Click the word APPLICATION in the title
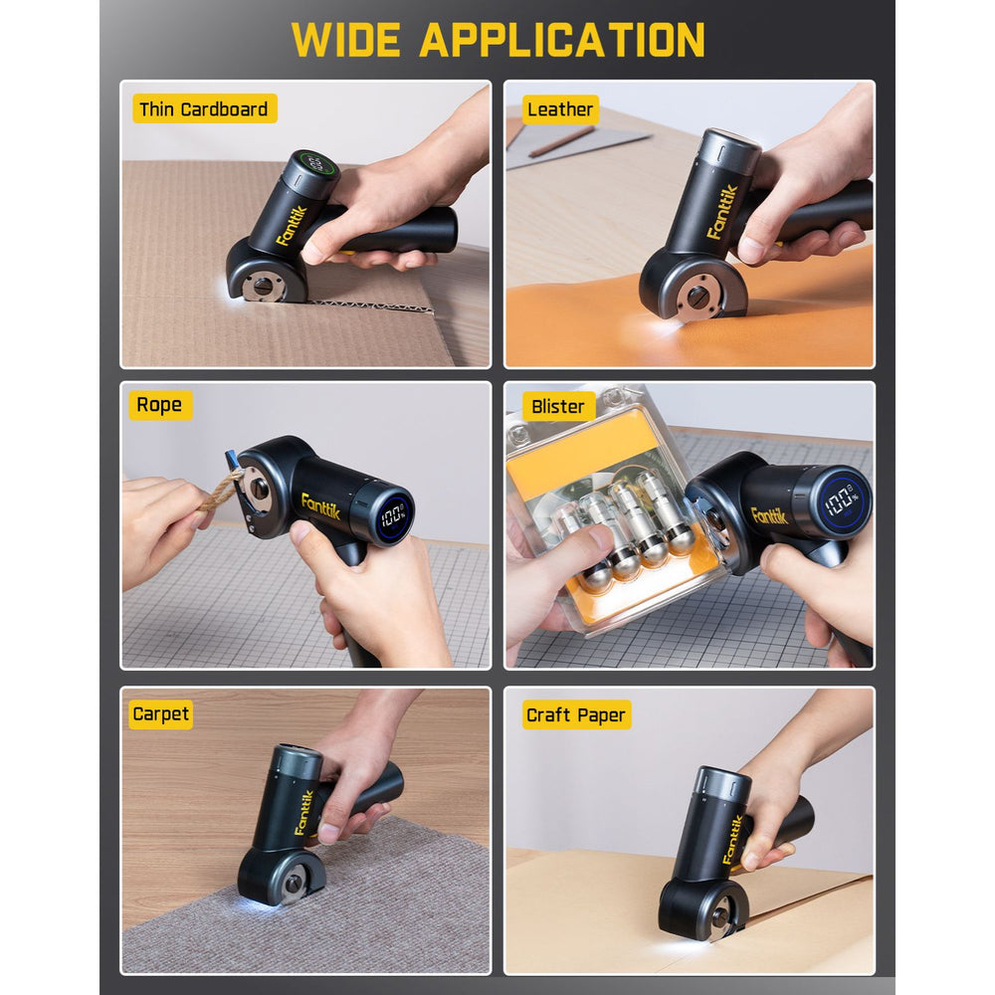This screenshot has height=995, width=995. [562, 40]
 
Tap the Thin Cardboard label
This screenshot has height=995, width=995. [204, 109]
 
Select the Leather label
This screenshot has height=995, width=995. [560, 109]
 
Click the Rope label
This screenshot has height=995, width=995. [159, 405]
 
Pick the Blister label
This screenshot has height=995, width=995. [558, 406]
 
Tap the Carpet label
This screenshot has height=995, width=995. [161, 714]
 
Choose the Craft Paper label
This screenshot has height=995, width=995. [576, 715]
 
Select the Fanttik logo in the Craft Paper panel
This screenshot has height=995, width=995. [733, 839]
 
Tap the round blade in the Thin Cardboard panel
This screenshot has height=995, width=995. [262, 287]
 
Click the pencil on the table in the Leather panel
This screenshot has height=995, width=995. [561, 141]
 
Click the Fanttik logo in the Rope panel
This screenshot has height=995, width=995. [320, 505]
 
